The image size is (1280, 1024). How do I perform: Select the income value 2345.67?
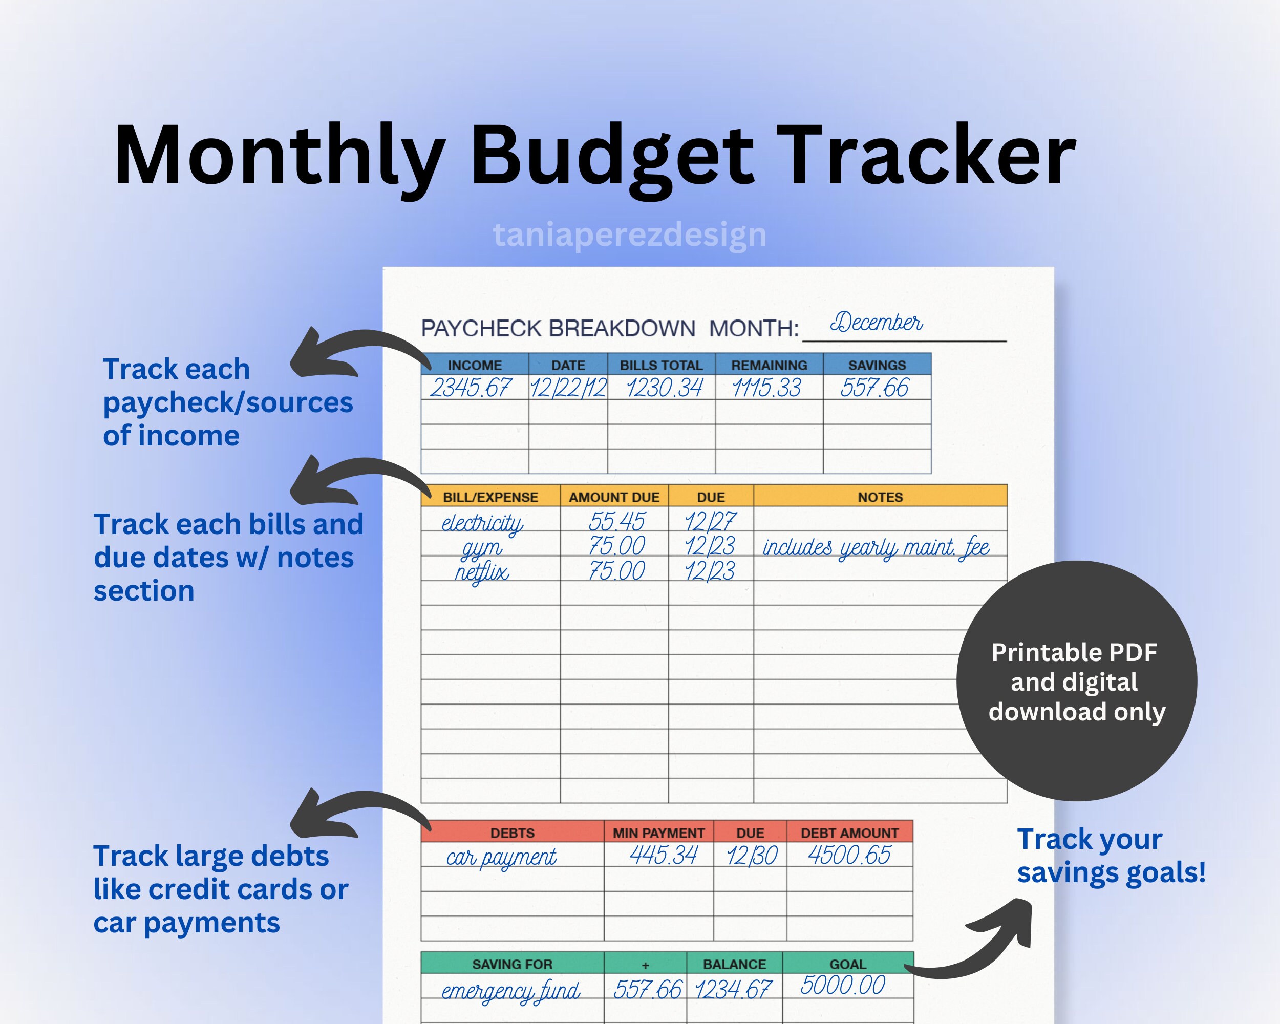tap(470, 388)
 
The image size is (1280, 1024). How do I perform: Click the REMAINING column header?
tap(769, 365)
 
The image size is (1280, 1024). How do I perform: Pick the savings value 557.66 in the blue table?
tap(874, 388)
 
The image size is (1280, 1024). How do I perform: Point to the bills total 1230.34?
tap(664, 388)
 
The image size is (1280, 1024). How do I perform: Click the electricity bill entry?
tap(482, 522)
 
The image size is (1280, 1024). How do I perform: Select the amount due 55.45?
tap(616, 522)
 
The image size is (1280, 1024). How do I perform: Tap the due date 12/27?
tap(710, 522)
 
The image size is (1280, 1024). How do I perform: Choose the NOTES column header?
tap(880, 497)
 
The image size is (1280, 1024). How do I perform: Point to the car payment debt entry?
tap(502, 857)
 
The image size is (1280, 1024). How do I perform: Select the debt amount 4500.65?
tap(849, 856)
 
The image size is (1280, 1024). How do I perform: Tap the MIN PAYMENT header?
tap(658, 833)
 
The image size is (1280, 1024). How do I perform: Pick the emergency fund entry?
tap(510, 991)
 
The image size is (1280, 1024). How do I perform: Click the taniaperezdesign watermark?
tap(629, 234)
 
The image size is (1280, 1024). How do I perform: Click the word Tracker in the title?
tap(926, 156)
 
